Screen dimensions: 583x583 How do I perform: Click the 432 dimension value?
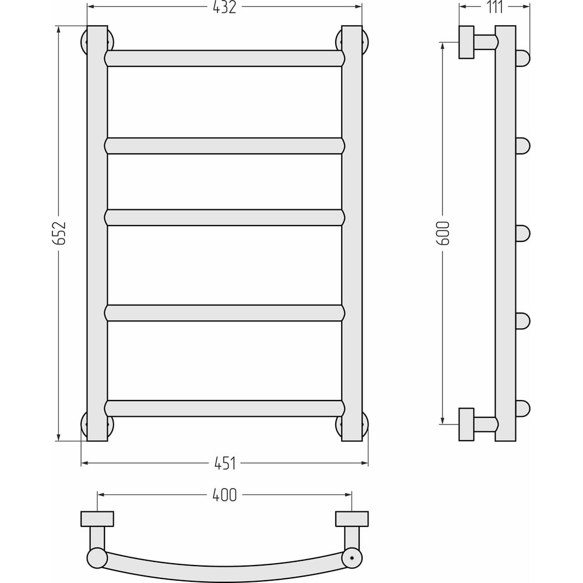click(224, 7)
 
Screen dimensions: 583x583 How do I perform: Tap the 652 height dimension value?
click(59, 233)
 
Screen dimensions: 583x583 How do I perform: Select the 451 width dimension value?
click(225, 463)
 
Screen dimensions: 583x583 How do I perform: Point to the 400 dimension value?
click(224, 495)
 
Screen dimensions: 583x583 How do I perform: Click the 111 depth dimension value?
click(495, 7)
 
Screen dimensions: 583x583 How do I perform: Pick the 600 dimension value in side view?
click(443, 233)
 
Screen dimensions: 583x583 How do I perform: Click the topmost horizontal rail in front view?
click(224, 58)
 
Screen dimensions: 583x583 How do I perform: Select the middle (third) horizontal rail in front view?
click(224, 217)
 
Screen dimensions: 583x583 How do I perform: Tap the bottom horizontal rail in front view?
click(224, 408)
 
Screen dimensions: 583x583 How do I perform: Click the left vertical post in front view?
click(97, 233)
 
